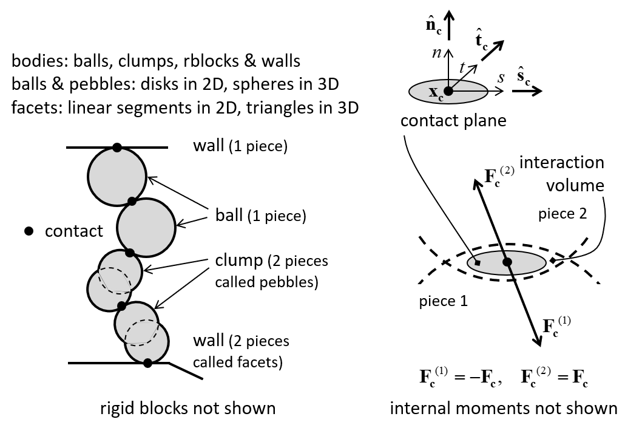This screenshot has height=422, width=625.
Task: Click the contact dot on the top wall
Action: point(117,148)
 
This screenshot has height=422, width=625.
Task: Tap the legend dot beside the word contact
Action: point(27,231)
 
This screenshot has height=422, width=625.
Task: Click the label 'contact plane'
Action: point(453,121)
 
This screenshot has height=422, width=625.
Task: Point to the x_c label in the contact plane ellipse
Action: point(436,93)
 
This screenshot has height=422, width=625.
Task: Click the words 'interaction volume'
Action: point(562,174)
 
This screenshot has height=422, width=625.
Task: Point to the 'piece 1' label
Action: point(443,301)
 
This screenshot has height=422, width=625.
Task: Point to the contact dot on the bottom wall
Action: point(147,363)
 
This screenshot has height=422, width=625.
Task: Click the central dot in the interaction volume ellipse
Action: point(507,262)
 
